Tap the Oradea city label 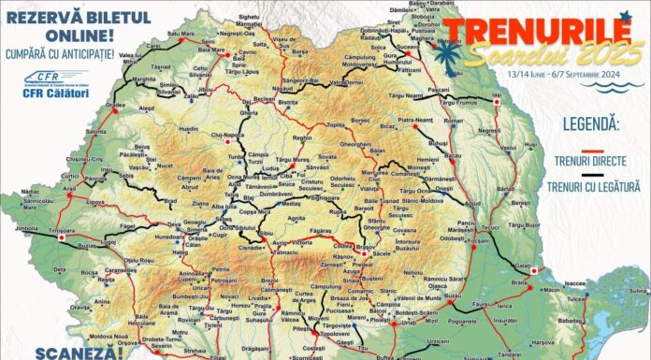pos(115,132)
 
